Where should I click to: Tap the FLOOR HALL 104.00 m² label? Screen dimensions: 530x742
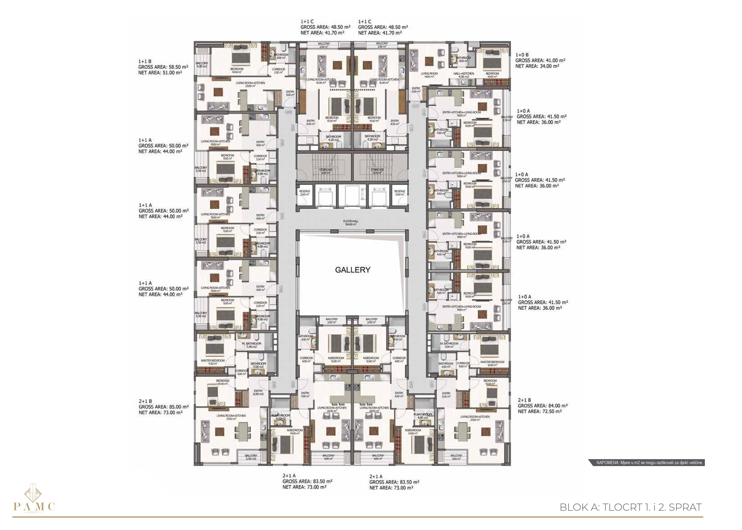click(351, 223)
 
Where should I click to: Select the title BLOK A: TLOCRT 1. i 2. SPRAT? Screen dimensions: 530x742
click(630, 507)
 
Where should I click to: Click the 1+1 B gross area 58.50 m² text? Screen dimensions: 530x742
click(163, 67)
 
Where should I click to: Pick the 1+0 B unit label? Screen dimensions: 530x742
click(522, 55)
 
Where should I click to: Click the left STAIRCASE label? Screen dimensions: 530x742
click(325, 171)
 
